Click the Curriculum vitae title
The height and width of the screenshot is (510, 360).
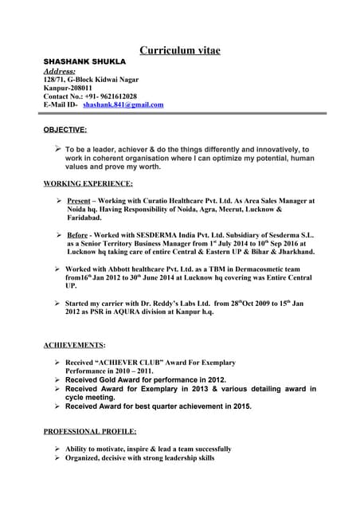[180, 50]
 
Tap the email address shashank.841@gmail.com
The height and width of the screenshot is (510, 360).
[123, 104]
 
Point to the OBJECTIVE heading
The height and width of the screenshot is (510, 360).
[65, 128]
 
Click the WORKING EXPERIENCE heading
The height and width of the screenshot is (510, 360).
[88, 183]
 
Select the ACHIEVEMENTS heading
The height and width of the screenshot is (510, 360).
[73, 344]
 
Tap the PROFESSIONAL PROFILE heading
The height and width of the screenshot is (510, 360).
[89, 431]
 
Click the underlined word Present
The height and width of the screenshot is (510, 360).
[79, 201]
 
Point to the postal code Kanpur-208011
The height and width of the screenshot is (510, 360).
[68, 87]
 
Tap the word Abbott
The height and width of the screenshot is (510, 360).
[120, 269]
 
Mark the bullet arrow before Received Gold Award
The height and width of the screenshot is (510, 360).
[57, 380]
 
